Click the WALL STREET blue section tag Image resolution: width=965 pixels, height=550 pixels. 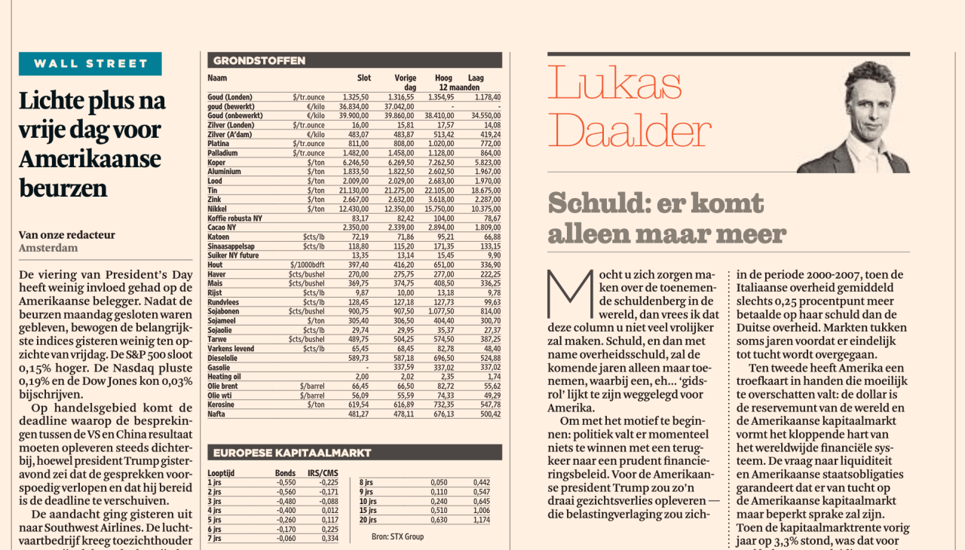[90, 63]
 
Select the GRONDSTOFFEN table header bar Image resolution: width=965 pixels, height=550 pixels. [354, 60]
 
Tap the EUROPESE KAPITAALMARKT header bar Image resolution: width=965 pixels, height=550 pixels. [354, 453]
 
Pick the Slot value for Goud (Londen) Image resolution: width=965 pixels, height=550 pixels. [355, 97]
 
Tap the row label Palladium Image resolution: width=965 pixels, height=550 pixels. [225, 153]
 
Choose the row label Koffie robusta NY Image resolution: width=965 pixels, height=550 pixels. [235, 218]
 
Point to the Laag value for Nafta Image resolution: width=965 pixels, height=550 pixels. [487, 413]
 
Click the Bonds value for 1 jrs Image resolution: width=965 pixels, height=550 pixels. [285, 482]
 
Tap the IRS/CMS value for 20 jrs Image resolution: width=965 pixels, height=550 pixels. [480, 520]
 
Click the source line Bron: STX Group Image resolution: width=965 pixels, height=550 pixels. [397, 536]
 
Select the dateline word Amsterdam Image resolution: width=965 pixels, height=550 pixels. [48, 248]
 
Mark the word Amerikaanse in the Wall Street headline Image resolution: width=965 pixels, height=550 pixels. [90, 159]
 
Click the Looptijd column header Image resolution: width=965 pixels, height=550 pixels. [222, 472]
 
